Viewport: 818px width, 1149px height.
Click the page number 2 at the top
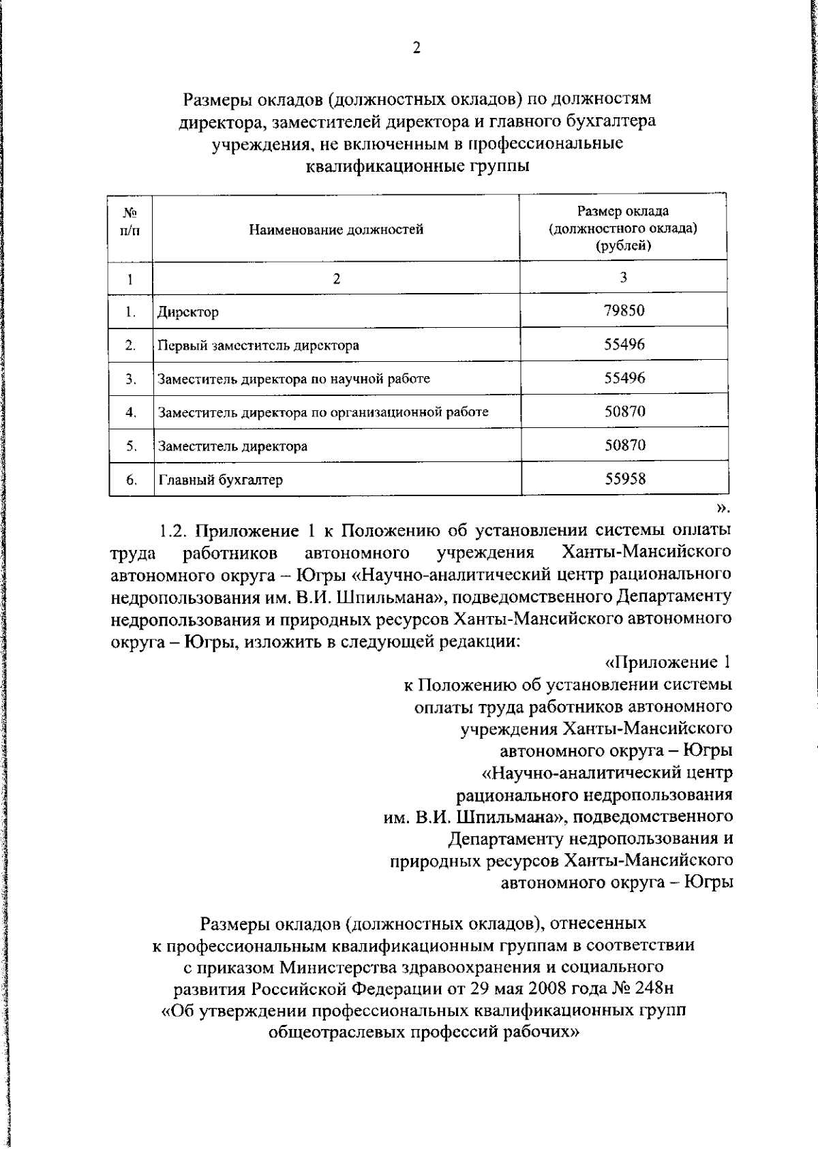[416, 48]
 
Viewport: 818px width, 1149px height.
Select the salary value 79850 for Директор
[624, 311]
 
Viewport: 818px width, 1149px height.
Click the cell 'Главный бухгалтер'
[220, 480]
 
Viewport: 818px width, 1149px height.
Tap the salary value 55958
[624, 478]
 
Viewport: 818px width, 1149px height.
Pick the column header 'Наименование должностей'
[335, 230]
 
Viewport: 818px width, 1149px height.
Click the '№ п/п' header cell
[130, 221]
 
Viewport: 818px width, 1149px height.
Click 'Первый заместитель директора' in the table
[258, 345]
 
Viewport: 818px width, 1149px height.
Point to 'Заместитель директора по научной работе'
[294, 379]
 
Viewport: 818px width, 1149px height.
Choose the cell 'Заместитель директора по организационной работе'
[323, 412]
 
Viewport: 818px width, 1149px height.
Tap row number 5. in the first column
[132, 446]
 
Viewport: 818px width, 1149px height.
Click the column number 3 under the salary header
[623, 277]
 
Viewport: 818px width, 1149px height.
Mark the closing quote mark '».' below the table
[723, 507]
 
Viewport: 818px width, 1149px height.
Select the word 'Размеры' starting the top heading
[215, 99]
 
